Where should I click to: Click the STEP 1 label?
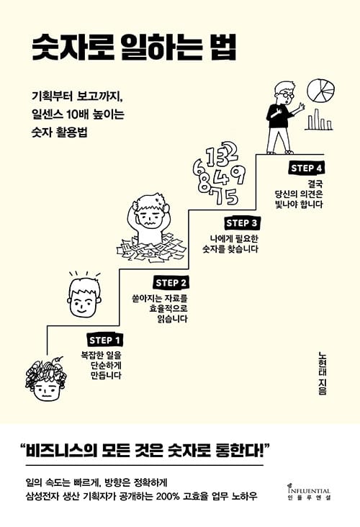pyautogui.click(x=104, y=341)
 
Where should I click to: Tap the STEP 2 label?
pyautogui.click(x=171, y=283)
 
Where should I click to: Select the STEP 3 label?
pyautogui.click(x=242, y=223)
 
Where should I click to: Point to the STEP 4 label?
pyautogui.click(x=306, y=168)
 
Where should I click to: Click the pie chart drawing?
pyautogui.click(x=320, y=90)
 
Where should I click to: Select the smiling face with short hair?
pyautogui.click(x=84, y=296)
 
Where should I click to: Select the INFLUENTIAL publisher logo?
pyautogui.click(x=309, y=492)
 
